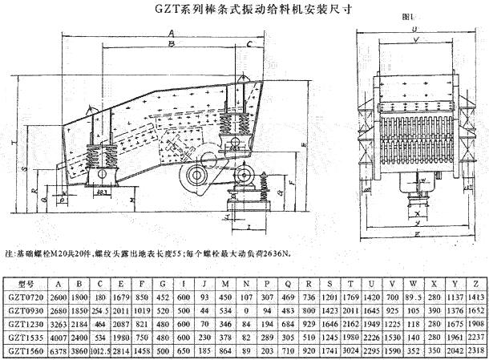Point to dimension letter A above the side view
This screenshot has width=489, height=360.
point(170,32)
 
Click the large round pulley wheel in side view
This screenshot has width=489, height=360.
point(196,179)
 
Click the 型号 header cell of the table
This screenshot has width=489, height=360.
point(26,283)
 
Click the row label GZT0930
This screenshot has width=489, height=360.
point(26,309)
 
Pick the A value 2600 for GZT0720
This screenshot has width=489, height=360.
point(59,296)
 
